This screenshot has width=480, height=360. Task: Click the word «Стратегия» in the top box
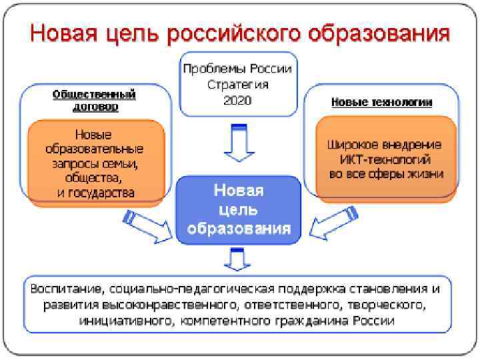(238, 84)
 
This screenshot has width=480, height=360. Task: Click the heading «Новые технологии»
(381, 102)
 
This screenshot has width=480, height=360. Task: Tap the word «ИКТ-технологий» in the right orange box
(381, 159)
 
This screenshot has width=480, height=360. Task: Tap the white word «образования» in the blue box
(238, 229)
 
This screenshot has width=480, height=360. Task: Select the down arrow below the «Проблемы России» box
(238, 144)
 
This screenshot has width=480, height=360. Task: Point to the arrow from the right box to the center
(331, 227)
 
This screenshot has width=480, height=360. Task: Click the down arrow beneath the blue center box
(238, 259)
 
